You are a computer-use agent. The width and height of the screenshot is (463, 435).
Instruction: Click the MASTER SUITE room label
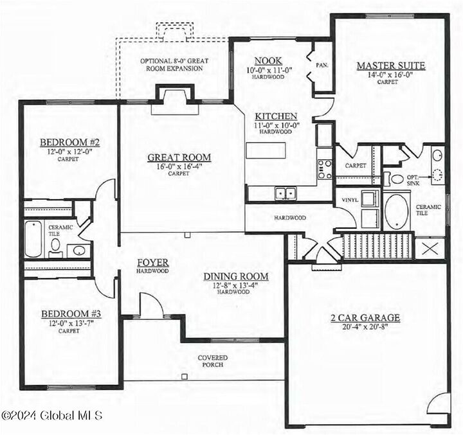(391, 66)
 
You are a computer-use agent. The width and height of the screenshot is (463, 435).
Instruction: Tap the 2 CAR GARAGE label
(365, 317)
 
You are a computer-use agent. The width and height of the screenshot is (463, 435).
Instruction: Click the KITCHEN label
(275, 116)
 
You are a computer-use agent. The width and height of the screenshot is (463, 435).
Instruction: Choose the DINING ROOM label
(236, 276)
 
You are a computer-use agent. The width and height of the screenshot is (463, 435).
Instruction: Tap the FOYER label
(152, 263)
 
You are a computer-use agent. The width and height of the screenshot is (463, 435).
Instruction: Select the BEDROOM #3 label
(70, 314)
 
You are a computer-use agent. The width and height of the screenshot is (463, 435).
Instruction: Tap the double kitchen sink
(284, 192)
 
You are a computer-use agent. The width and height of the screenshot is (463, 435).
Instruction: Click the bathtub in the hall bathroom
(33, 239)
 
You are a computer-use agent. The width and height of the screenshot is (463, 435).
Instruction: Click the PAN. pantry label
(322, 66)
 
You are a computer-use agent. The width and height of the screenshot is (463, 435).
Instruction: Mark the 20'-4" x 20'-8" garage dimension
(365, 327)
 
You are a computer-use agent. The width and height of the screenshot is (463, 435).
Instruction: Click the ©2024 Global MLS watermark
(52, 416)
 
